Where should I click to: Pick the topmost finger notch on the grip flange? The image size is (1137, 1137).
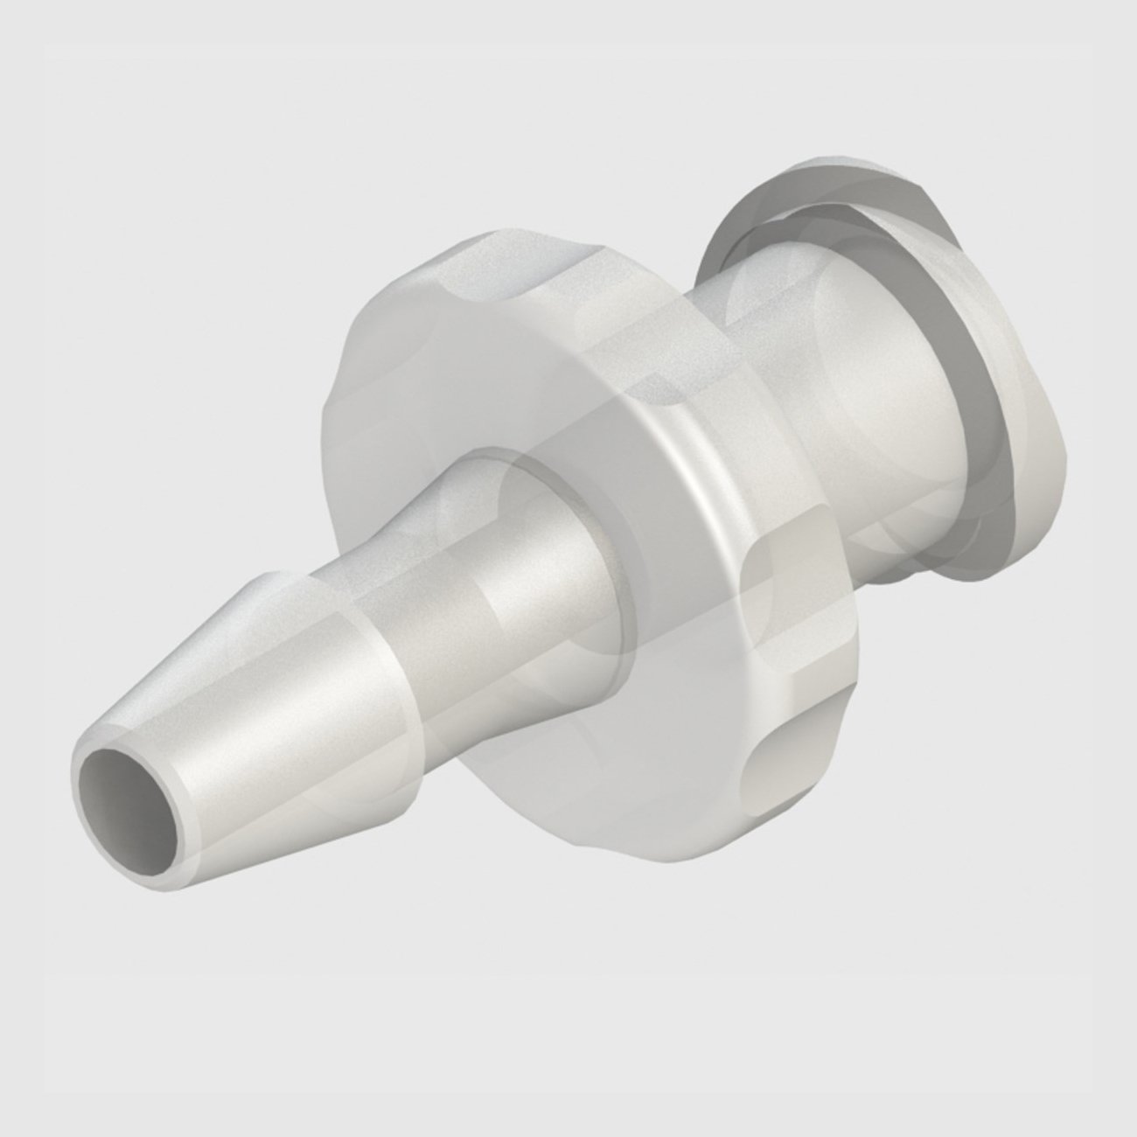pos(490,262)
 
